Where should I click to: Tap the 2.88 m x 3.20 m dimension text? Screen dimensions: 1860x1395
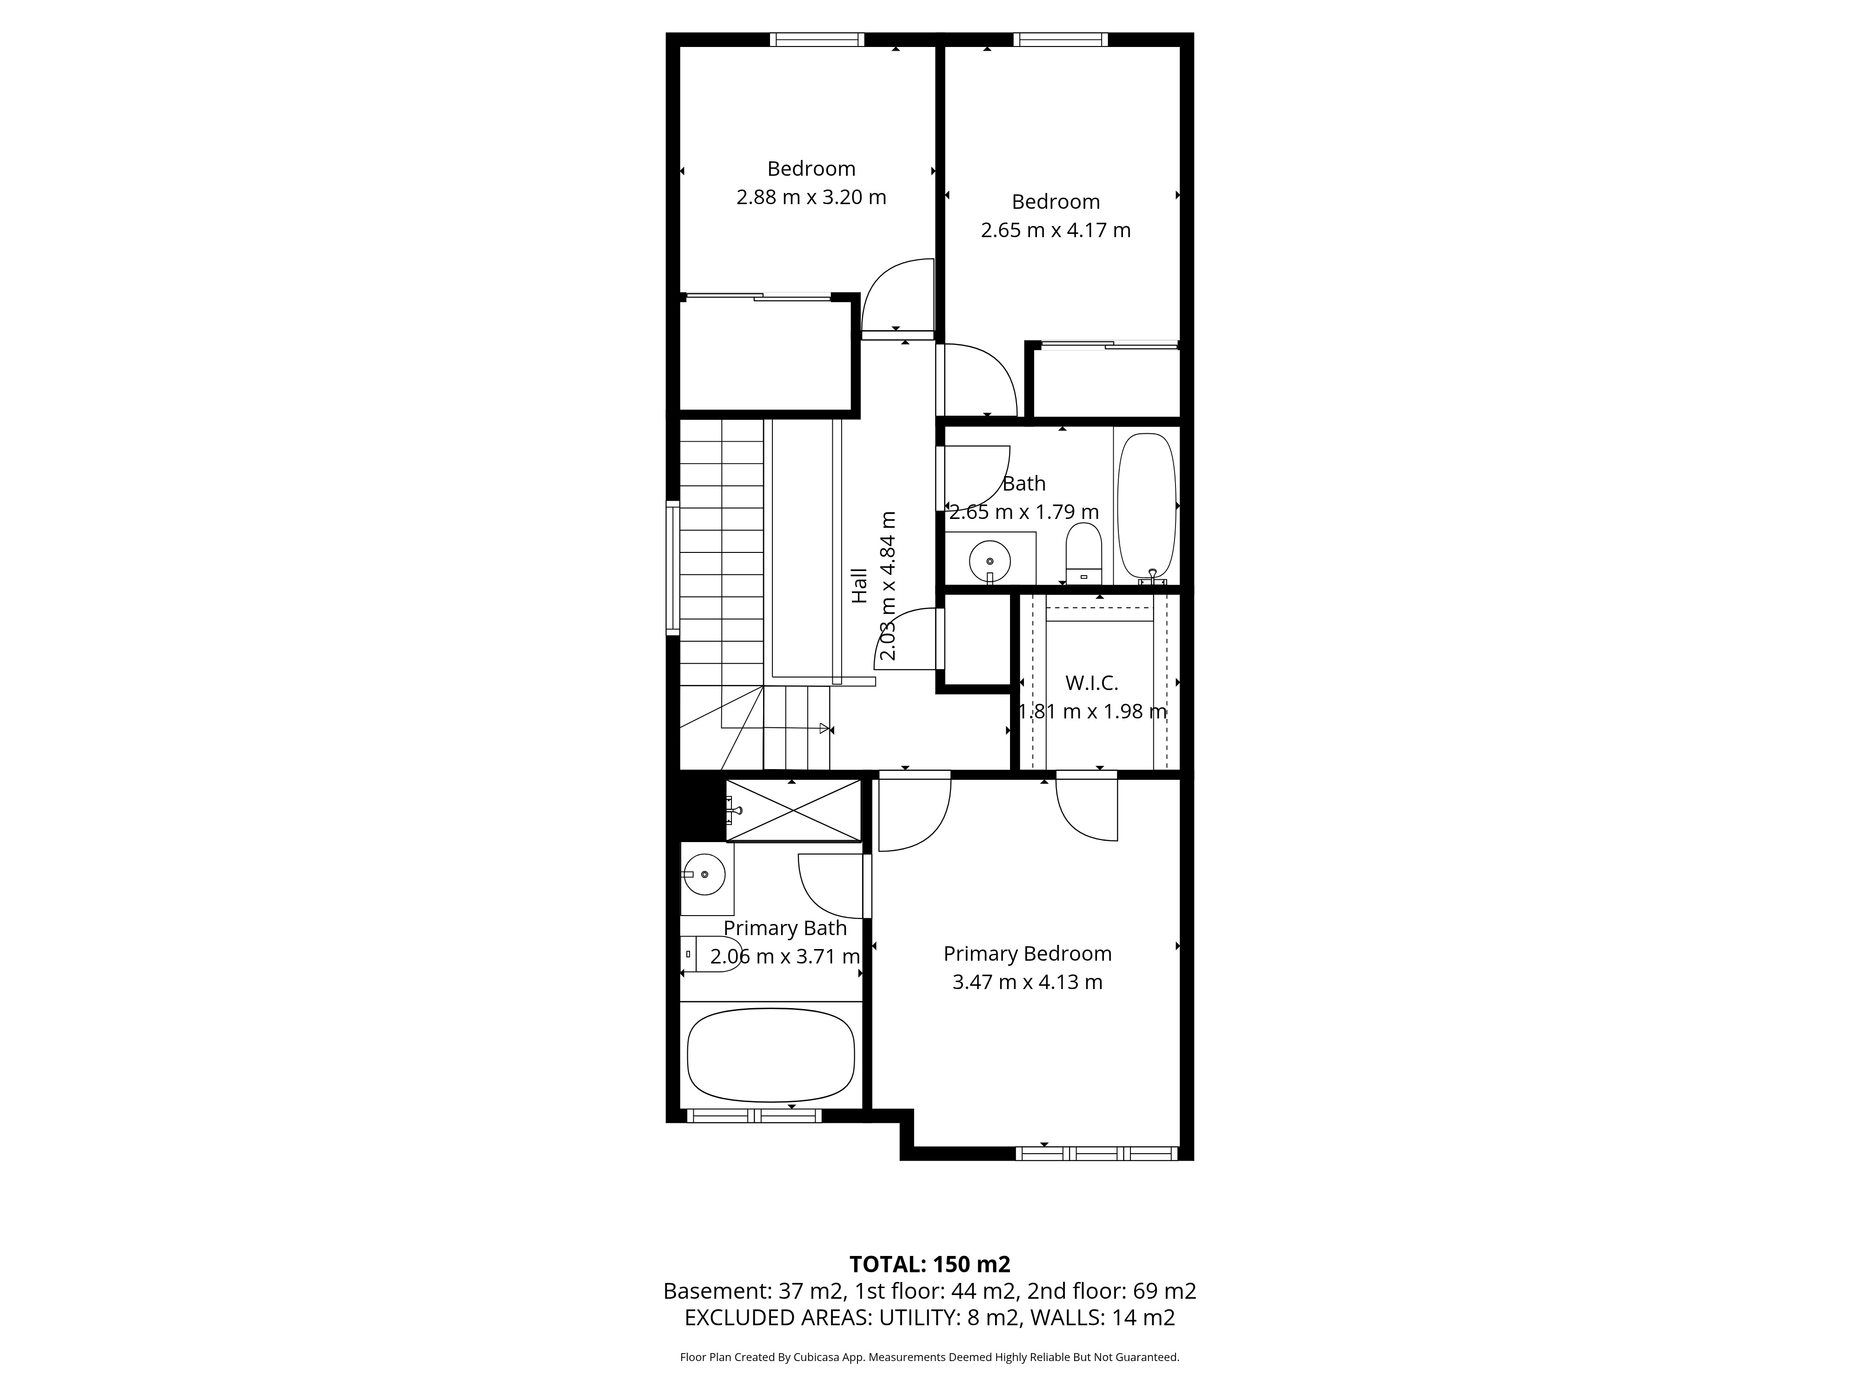pyautogui.click(x=811, y=197)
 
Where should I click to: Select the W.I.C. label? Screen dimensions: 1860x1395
pyautogui.click(x=1091, y=683)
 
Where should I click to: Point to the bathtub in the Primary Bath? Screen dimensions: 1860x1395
pyautogui.click(x=770, y=1055)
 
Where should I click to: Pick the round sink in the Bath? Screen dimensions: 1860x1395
pyautogui.click(x=990, y=561)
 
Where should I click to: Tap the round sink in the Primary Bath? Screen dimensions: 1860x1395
pyautogui.click(x=704, y=875)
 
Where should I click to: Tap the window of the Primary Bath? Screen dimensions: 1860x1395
pyautogui.click(x=754, y=1116)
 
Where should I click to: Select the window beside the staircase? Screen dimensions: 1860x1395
pyautogui.click(x=673, y=568)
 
